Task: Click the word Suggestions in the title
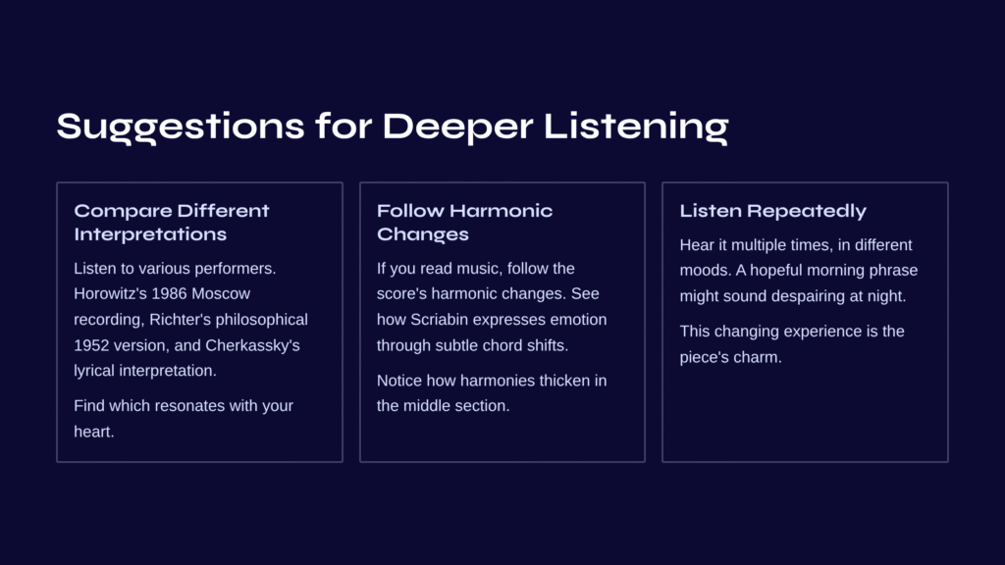point(181,127)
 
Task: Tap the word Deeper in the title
point(457,128)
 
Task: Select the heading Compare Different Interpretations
point(171,223)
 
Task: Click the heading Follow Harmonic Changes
point(464,223)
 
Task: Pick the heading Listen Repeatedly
point(772,211)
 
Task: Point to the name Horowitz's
point(110,293)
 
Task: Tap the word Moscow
point(221,293)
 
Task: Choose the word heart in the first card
point(93,432)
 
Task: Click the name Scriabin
point(438,319)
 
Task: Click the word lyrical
point(94,370)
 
